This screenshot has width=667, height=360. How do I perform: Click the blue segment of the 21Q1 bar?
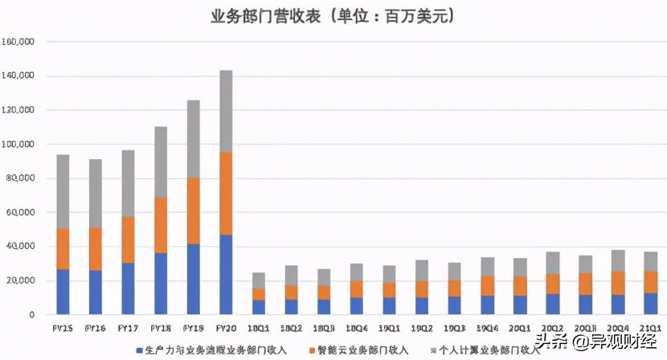pyautogui.click(x=651, y=304)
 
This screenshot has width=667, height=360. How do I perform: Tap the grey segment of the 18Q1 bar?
pyautogui.click(x=259, y=280)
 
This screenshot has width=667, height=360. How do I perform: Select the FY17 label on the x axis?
pyautogui.click(x=128, y=328)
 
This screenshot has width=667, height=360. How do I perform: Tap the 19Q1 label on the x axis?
pyautogui.click(x=389, y=328)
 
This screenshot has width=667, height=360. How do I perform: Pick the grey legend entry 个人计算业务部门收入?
pyautogui.click(x=479, y=350)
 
